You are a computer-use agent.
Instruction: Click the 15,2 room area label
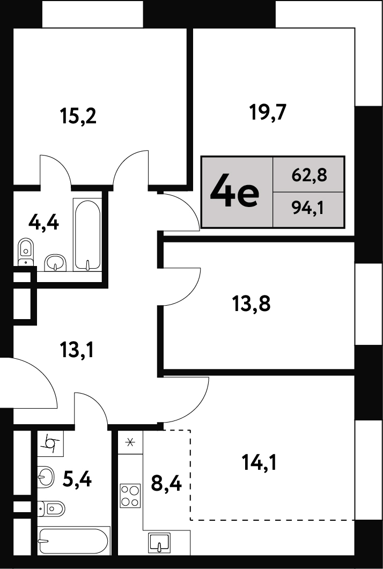click(78, 117)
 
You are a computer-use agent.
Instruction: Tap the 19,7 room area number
click(268, 112)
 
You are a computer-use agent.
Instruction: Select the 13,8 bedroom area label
click(251, 304)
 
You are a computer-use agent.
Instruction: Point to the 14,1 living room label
click(259, 462)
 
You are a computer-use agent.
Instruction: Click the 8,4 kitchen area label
click(166, 483)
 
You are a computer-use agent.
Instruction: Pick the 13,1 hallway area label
click(77, 350)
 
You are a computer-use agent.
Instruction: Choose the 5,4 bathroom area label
click(77, 479)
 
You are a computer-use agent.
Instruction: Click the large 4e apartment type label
click(234, 193)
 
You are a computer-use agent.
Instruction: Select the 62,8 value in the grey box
click(310, 175)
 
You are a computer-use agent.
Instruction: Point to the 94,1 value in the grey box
click(307, 209)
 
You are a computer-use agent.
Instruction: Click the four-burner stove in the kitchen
click(130, 496)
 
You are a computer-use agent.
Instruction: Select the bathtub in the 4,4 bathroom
click(87, 234)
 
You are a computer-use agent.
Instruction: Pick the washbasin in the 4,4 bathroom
click(55, 262)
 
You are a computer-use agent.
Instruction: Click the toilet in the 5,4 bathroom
click(51, 509)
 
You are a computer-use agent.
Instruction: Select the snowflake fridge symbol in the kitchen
click(130, 442)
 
